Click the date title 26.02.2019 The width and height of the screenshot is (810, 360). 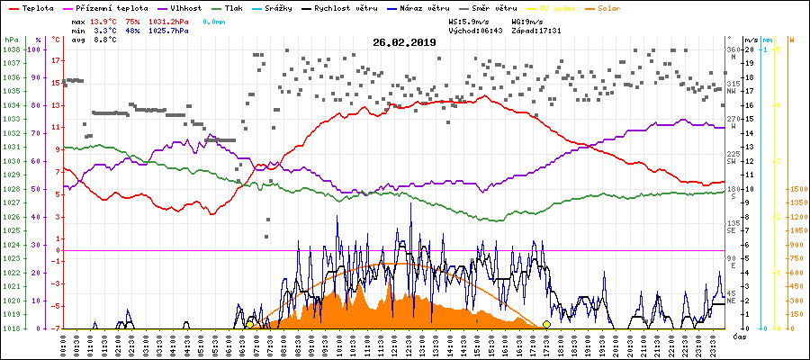point(405,42)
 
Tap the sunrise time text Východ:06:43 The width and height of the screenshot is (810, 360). point(474,30)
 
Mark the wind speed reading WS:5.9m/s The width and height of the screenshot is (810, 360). point(473,20)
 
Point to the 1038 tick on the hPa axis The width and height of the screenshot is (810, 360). point(11,49)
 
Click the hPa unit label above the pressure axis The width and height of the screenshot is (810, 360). point(11,40)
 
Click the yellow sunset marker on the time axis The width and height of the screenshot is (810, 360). point(546,324)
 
